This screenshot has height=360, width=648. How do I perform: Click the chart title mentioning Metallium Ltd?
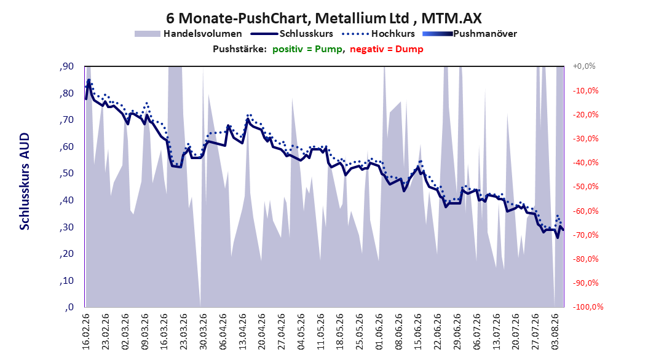click(323, 18)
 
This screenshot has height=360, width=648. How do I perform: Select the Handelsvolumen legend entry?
click(189, 34)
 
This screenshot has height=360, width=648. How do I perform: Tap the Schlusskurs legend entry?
click(292, 34)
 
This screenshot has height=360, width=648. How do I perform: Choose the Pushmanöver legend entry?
click(470, 34)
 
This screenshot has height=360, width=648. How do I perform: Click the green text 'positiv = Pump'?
click(307, 49)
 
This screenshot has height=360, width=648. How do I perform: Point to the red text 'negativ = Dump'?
click(387, 49)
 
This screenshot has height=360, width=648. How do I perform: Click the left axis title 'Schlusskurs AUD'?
click(25, 181)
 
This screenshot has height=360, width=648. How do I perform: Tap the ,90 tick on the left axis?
click(66, 66)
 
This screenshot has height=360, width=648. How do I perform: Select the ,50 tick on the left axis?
click(66, 173)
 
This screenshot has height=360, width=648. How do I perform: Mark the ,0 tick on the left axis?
click(69, 307)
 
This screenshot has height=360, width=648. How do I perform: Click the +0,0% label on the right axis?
click(584, 66)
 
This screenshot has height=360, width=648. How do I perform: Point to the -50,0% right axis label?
click(585, 187)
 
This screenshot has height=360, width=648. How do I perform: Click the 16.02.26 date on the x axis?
click(86, 331)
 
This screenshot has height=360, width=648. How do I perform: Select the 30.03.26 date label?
click(203, 331)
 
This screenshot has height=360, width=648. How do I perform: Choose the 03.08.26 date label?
click(555, 331)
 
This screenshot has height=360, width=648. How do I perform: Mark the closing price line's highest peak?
click(89, 80)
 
